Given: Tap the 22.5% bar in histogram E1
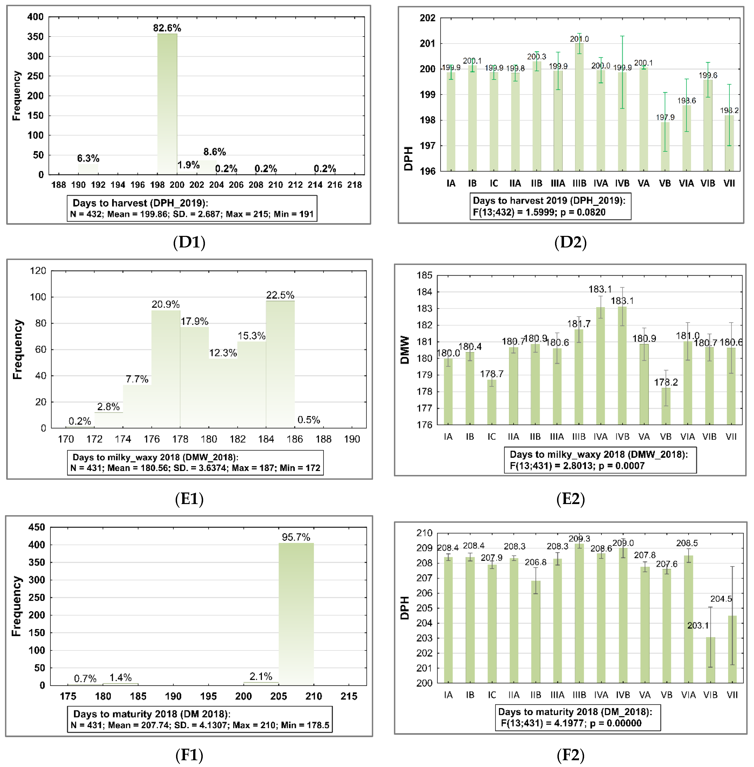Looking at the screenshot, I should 280,364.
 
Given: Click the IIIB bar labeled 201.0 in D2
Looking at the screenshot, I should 579,107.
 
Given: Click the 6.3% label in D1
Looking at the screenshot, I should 88,158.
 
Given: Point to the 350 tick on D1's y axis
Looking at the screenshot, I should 35,36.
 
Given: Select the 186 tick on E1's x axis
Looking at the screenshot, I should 295,439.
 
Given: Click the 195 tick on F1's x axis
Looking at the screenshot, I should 208,696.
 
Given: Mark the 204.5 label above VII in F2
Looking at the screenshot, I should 721,599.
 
